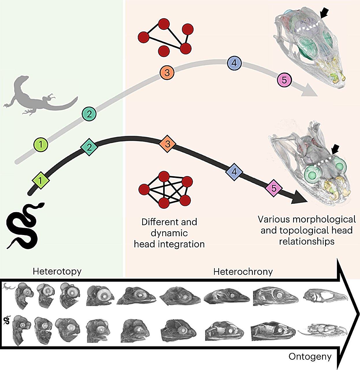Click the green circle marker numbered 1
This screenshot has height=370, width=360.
tap(41, 145)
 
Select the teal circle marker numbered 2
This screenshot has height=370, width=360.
tap(89, 114)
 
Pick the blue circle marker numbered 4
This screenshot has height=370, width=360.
tap(234, 63)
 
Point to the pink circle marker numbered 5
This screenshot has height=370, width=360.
tap(284, 80)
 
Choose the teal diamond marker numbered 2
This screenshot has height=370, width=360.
tap(89, 147)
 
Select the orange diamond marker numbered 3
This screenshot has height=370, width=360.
tap(167, 144)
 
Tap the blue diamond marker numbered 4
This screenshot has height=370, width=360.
tap(234, 172)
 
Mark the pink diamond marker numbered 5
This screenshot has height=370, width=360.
tap(274, 188)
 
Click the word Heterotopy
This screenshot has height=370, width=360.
tap(57, 271)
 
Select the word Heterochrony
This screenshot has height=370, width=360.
tap(243, 272)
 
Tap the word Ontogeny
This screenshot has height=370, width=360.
tap(310, 357)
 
